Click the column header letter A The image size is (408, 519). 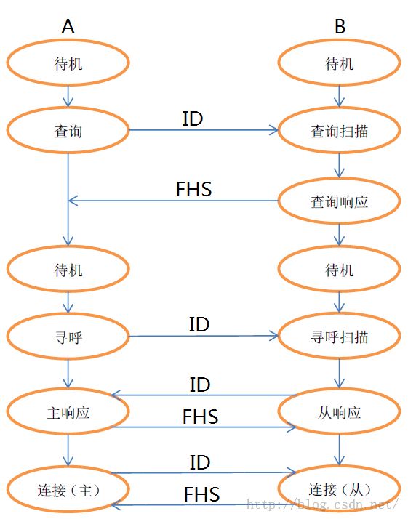pyautogui.click(x=68, y=26)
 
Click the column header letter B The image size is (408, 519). pyautogui.click(x=340, y=26)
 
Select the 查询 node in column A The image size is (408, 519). pyautogui.click(x=68, y=130)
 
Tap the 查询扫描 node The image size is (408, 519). pyautogui.click(x=339, y=130)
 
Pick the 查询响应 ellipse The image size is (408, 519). pyautogui.click(x=339, y=201)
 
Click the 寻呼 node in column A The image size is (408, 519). pyautogui.click(x=68, y=337)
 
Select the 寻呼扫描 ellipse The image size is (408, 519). pyautogui.click(x=339, y=337)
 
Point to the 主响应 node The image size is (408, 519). pyautogui.click(x=68, y=411)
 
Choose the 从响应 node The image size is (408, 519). pyautogui.click(x=339, y=411)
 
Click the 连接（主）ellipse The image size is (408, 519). pyautogui.click(x=68, y=489)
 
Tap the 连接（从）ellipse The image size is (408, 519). pyautogui.click(x=339, y=488)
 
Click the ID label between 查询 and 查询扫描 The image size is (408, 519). pyautogui.click(x=193, y=118)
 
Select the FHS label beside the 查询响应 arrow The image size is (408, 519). pyautogui.click(x=193, y=189)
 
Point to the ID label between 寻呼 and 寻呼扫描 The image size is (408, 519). pyautogui.click(x=199, y=324)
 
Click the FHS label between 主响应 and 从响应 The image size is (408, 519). pyautogui.click(x=200, y=417)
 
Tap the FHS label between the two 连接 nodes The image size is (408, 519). pyautogui.click(x=201, y=494)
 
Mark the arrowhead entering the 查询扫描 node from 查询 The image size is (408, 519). pyautogui.click(x=273, y=130)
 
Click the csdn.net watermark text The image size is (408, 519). pyautogui.click(x=323, y=504)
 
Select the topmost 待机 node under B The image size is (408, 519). pyautogui.click(x=339, y=63)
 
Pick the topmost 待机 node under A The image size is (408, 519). pyautogui.click(x=68, y=63)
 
